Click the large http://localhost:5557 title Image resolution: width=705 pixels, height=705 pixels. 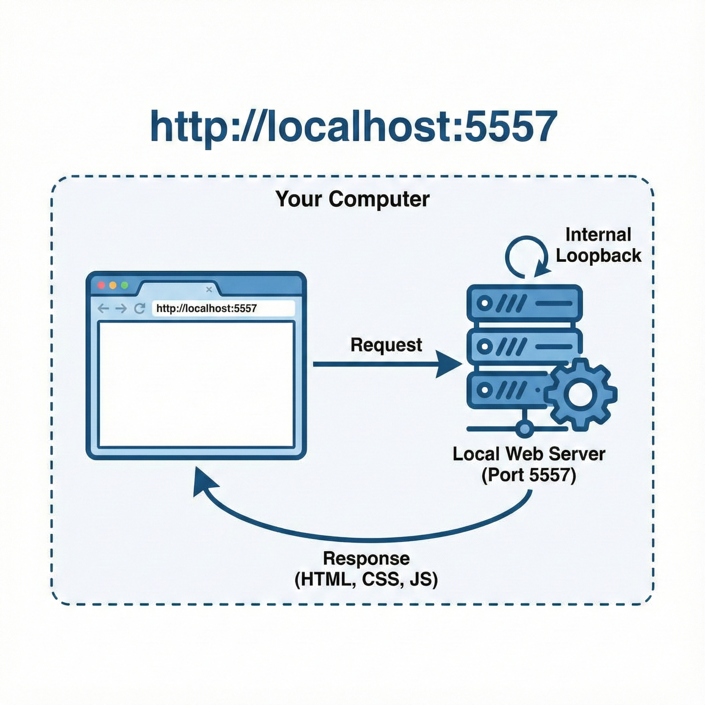[x=353, y=127]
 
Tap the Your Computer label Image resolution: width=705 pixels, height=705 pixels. [x=352, y=199]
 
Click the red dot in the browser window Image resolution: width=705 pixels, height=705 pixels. [x=101, y=285]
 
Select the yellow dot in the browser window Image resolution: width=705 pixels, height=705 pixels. [x=113, y=285]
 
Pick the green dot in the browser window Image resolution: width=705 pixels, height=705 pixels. [x=124, y=285]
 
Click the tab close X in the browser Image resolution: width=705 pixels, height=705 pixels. [x=209, y=290]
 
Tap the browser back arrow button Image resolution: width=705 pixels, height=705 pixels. [x=103, y=309]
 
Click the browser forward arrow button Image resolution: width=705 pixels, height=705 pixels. [x=121, y=309]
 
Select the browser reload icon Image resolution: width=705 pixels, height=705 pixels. [x=139, y=309]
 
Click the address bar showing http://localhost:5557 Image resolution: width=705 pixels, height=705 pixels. [x=223, y=309]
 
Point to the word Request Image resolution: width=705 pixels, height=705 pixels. [x=386, y=345]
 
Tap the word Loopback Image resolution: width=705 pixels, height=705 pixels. [x=598, y=255]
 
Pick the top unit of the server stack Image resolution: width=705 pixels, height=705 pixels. [x=524, y=303]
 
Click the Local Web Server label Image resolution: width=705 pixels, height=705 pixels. [x=529, y=454]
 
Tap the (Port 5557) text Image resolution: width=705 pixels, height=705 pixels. [x=529, y=475]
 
